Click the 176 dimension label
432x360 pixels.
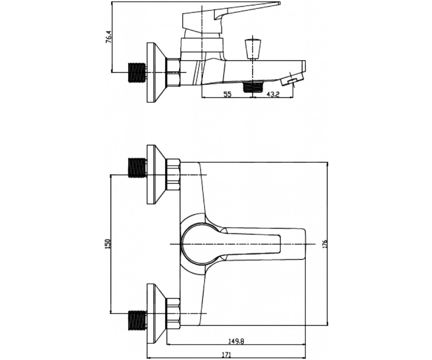pos(324,244)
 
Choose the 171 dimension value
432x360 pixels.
pos(226,349)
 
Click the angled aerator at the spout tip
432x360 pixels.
pos(292,78)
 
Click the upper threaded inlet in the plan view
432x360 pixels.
pos(137,167)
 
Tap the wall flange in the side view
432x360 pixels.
pos(157,72)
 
